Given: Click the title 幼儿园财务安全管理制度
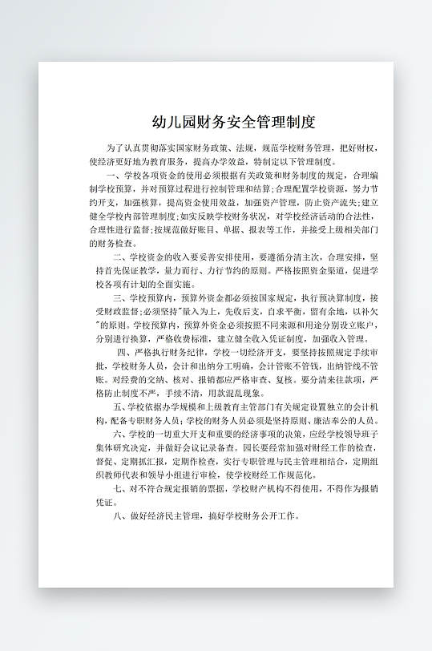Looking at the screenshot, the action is [234, 123].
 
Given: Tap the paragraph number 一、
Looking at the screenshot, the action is [111, 175].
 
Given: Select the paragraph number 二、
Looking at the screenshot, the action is [119, 257].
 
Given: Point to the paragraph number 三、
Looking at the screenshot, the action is [119, 297].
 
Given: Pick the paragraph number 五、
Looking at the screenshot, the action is [120, 406].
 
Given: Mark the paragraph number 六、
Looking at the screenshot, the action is [120, 434].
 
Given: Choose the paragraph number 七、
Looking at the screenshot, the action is [119, 488].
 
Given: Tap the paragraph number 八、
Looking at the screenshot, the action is [120, 516].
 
